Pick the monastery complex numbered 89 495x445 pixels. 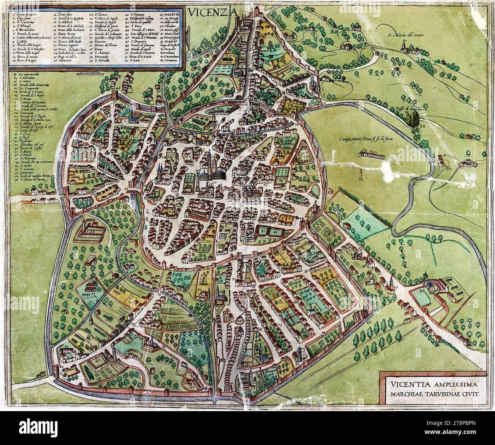(x=434, y=289)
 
